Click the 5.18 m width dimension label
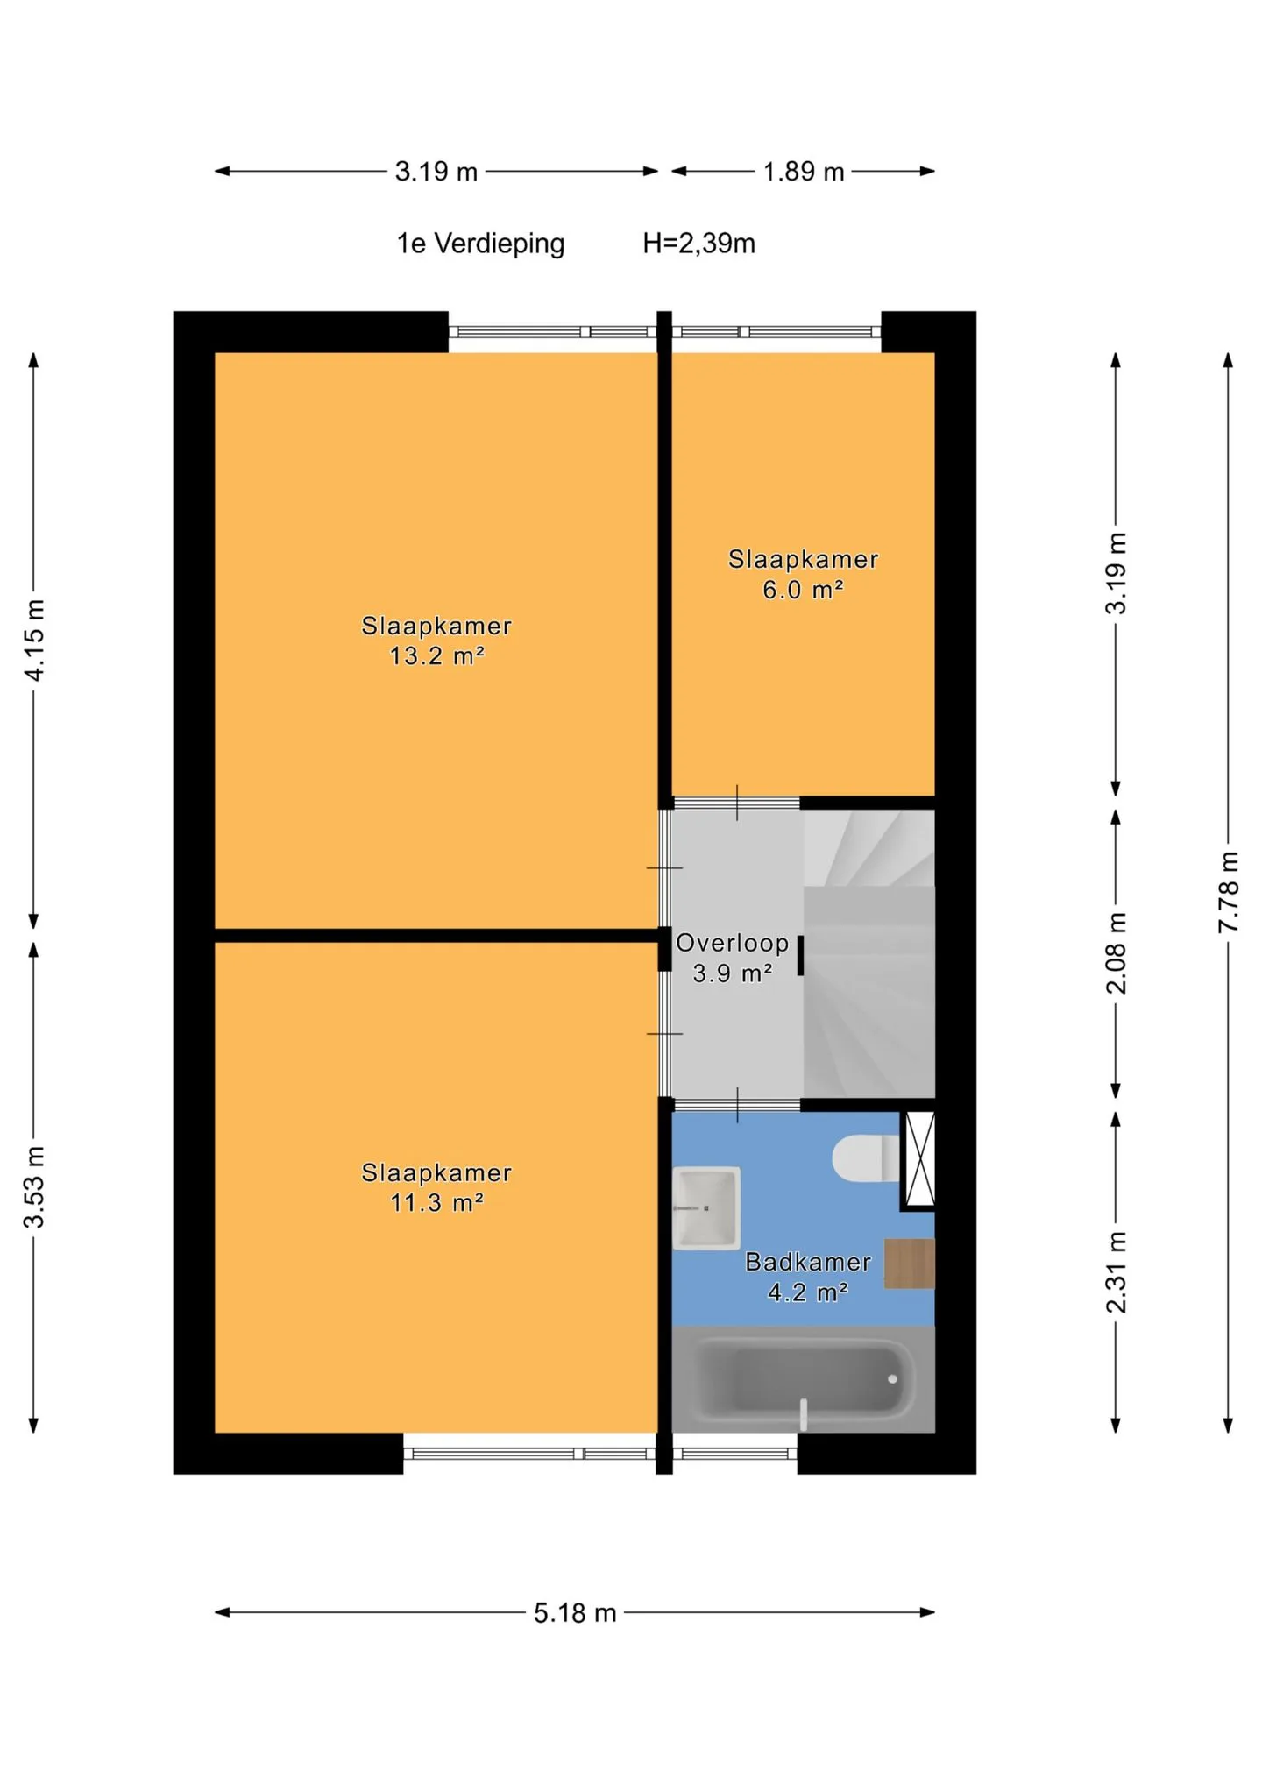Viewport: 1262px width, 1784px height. click(575, 1613)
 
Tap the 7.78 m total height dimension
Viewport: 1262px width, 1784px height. click(1229, 892)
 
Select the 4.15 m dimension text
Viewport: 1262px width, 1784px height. click(33, 641)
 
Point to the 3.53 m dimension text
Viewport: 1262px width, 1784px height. click(33, 1186)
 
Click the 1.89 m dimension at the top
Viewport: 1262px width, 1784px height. click(804, 172)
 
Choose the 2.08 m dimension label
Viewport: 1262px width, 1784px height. click(1117, 953)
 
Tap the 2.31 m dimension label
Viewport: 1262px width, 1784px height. click(1117, 1272)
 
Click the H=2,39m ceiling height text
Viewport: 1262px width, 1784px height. click(698, 244)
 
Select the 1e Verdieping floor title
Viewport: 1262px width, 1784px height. click(480, 244)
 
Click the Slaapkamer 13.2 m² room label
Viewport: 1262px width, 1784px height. click(436, 641)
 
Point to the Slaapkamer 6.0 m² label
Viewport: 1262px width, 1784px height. click(803, 574)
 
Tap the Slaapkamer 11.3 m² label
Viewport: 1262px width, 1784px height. click(436, 1187)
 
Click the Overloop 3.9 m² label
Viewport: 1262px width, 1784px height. click(733, 958)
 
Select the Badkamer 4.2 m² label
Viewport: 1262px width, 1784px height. click(808, 1277)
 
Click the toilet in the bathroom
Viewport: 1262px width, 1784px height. click(866, 1158)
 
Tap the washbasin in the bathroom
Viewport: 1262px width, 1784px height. click(706, 1207)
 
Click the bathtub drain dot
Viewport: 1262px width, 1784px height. click(892, 1379)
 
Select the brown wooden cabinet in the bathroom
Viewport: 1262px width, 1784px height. click(909, 1264)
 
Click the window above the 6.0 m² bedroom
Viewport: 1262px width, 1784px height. click(776, 332)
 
